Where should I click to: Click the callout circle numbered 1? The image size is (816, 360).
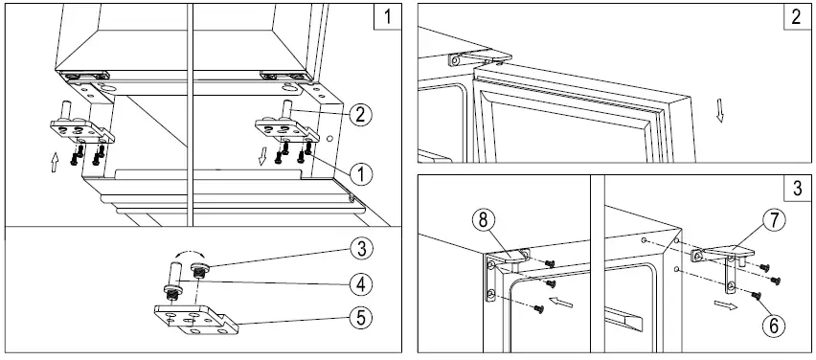360,173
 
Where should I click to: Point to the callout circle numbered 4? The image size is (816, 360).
360,283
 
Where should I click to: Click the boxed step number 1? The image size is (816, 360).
385,17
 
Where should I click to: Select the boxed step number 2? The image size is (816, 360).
796,17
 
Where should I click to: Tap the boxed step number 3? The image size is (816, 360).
796,188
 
